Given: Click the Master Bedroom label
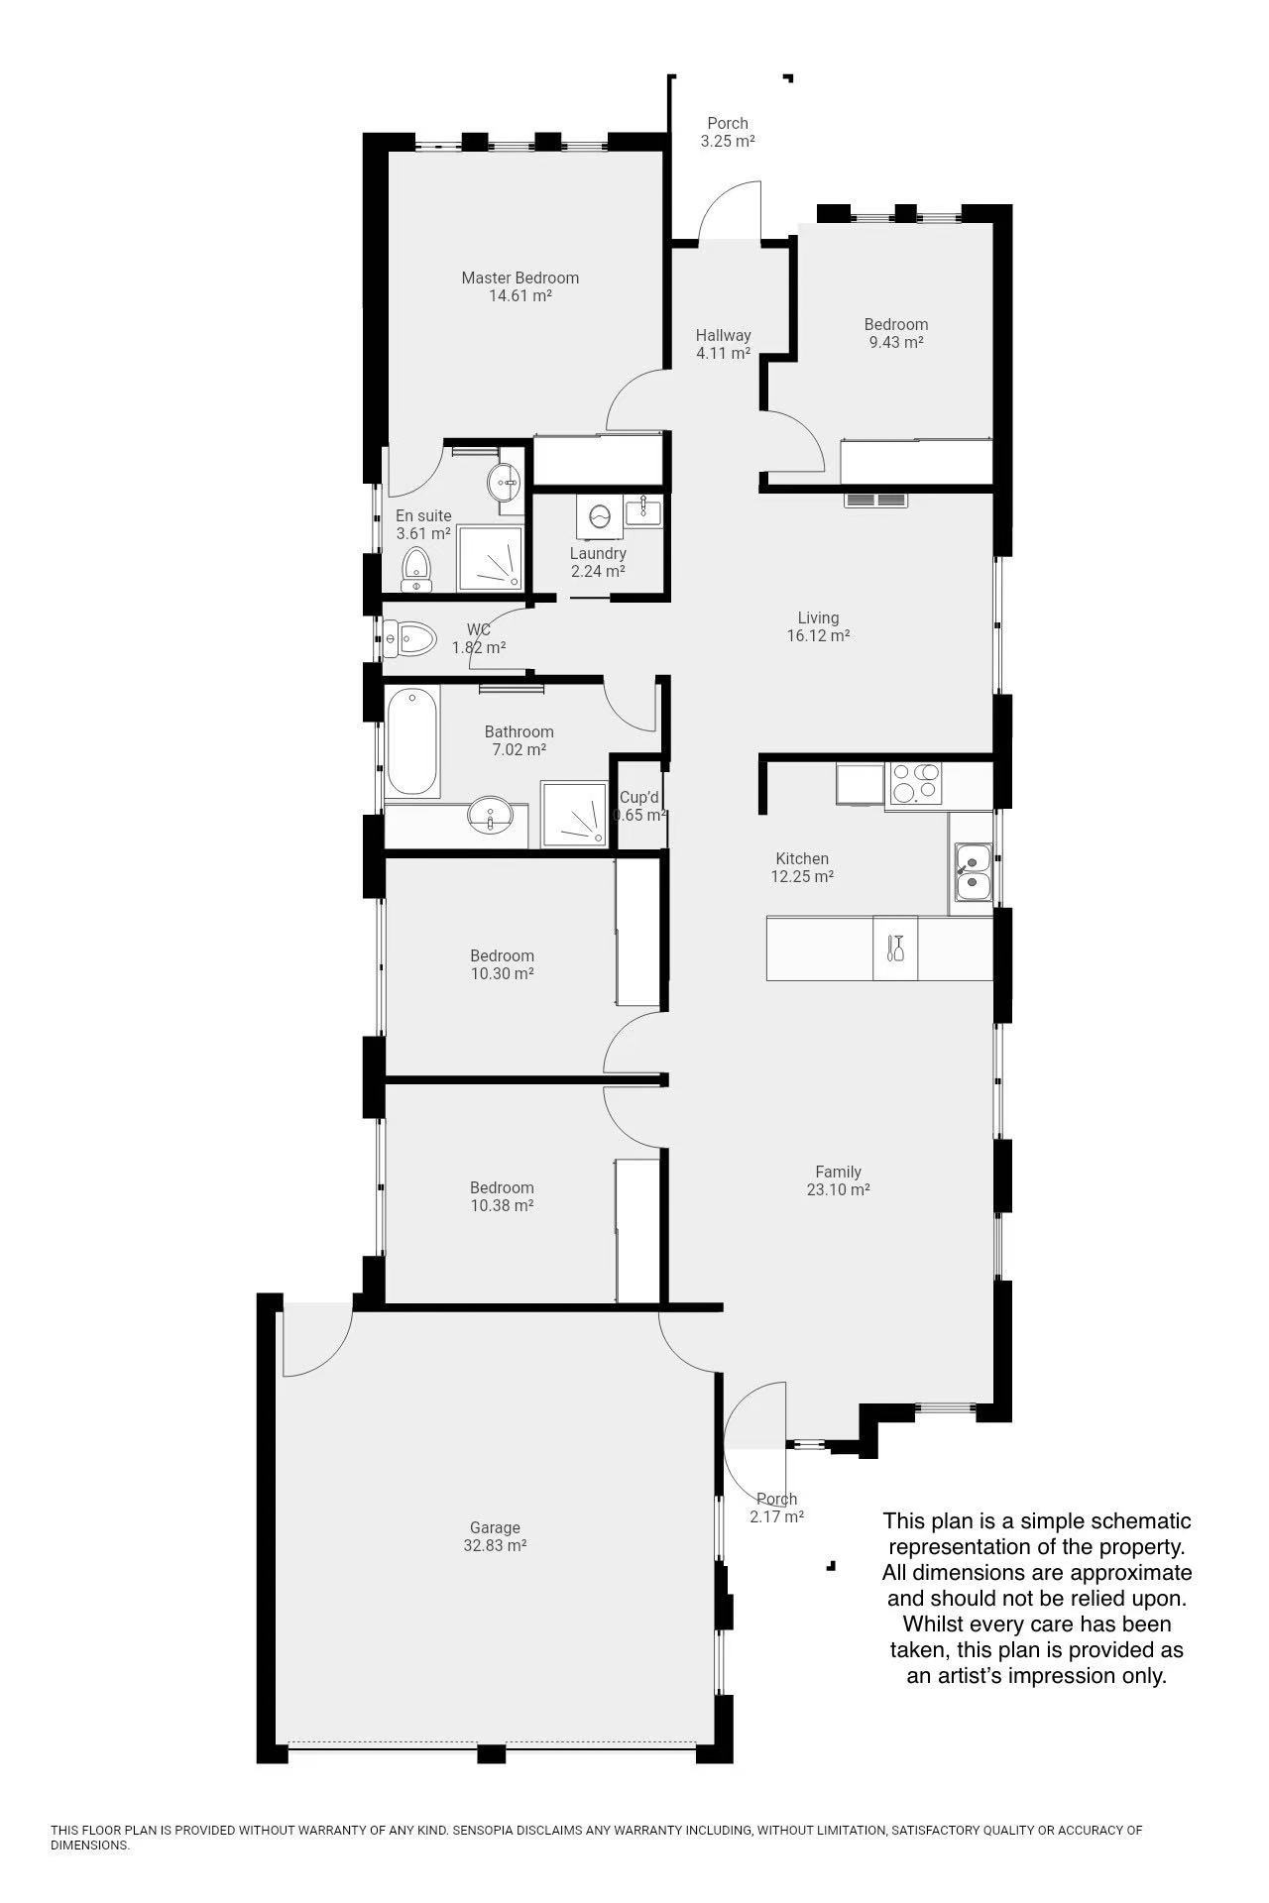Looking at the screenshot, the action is pyautogui.click(x=520, y=286).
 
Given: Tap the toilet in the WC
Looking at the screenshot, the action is pyautogui.click(x=410, y=639).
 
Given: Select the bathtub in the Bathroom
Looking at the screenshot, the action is pyautogui.click(x=411, y=742).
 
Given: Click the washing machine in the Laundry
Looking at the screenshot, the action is pyautogui.click(x=599, y=516).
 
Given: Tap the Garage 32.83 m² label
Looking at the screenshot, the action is pyautogui.click(x=495, y=1536).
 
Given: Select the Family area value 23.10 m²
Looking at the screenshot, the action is pyautogui.click(x=839, y=1189).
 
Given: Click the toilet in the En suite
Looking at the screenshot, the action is pyautogui.click(x=416, y=570).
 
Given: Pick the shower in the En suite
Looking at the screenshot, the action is pyautogui.click(x=490, y=559).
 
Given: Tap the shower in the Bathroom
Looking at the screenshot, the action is pyautogui.click(x=574, y=814).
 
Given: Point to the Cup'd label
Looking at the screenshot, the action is pyautogui.click(x=639, y=797).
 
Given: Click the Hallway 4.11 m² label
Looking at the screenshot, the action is pyautogui.click(x=723, y=344).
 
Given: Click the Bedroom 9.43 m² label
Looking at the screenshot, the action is pyautogui.click(x=896, y=333).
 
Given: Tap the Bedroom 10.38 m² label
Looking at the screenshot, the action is pyautogui.click(x=502, y=1196).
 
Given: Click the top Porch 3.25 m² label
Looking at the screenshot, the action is pyautogui.click(x=728, y=132).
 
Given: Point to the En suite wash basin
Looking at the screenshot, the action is pyautogui.click(x=507, y=483).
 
